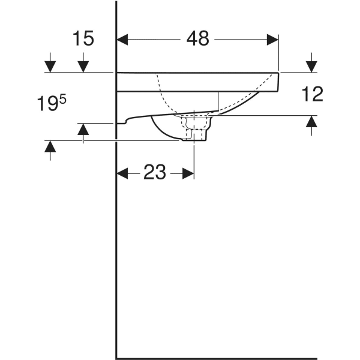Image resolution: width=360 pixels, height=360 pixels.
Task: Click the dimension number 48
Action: pos(197,39)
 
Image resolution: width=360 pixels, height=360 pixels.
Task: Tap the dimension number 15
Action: pos(83,39)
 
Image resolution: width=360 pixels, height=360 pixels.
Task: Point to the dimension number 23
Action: pos(154,173)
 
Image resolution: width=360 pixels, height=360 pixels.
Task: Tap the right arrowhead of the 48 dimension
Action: pos(273,40)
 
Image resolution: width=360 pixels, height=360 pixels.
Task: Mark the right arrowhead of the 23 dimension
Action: pos(188,173)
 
